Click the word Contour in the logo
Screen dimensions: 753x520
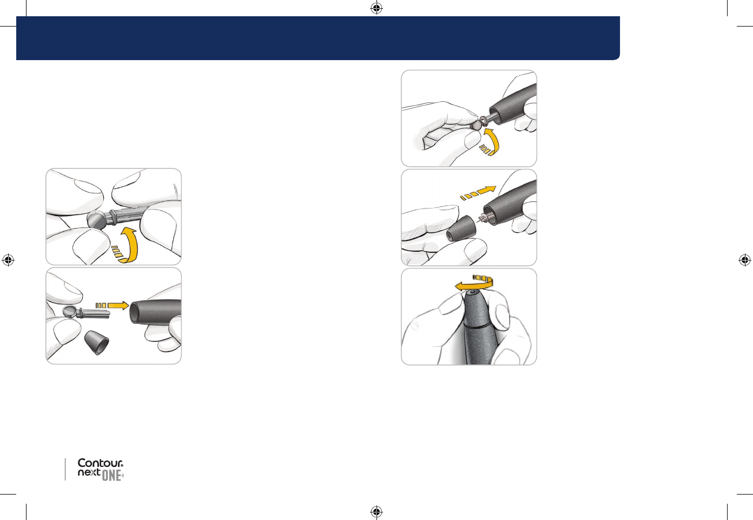coord(100,463)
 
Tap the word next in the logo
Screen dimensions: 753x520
coord(89,472)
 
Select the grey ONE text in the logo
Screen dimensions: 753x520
coord(111,476)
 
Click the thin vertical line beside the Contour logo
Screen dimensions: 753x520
coord(65,469)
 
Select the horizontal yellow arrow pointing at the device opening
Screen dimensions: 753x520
coord(113,305)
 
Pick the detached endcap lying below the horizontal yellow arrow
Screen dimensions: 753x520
coord(97,342)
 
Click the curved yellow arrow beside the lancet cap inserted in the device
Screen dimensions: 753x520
coord(491,142)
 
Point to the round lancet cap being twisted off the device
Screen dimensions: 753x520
coord(476,126)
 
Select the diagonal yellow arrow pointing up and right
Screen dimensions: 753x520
coord(478,193)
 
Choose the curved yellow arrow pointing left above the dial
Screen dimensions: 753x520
coord(474,282)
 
